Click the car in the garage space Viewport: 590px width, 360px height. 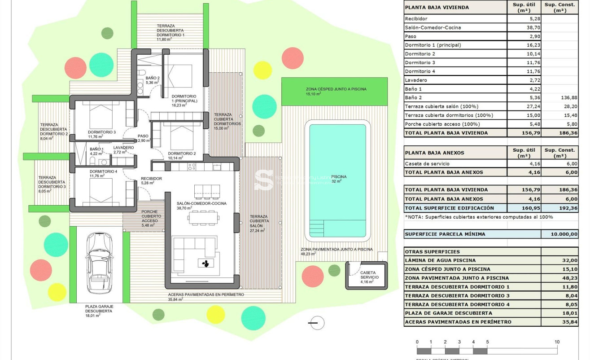98,262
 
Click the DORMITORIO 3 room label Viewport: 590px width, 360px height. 102,132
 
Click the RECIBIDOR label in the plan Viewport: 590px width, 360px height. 151,179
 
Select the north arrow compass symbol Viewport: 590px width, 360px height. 317,322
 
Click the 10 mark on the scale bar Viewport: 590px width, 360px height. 557,342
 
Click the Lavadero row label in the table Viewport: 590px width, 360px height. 416,80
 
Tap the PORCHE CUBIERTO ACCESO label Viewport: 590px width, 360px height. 149,216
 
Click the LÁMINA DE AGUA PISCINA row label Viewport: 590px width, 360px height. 440,260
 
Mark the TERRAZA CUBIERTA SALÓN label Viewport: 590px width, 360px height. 259,221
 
